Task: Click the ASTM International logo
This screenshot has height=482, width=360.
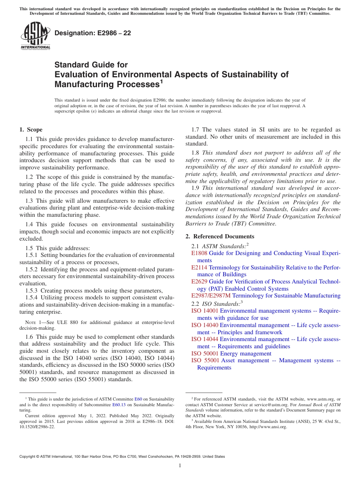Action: (x=35, y=36)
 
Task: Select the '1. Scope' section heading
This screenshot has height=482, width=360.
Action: (x=31, y=130)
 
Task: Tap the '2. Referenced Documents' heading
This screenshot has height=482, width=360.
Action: (x=219, y=236)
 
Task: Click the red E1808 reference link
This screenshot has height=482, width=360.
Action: (x=199, y=253)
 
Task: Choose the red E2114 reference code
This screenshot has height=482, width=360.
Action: (x=199, y=268)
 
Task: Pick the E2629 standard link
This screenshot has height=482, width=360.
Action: (x=199, y=282)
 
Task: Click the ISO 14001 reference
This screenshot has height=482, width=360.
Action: (x=205, y=311)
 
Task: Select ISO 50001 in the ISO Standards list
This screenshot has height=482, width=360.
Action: (x=205, y=354)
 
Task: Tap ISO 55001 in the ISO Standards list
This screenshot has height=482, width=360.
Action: (x=205, y=360)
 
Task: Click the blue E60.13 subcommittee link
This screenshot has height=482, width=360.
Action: (x=119, y=405)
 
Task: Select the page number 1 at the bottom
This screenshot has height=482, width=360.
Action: (x=180, y=466)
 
